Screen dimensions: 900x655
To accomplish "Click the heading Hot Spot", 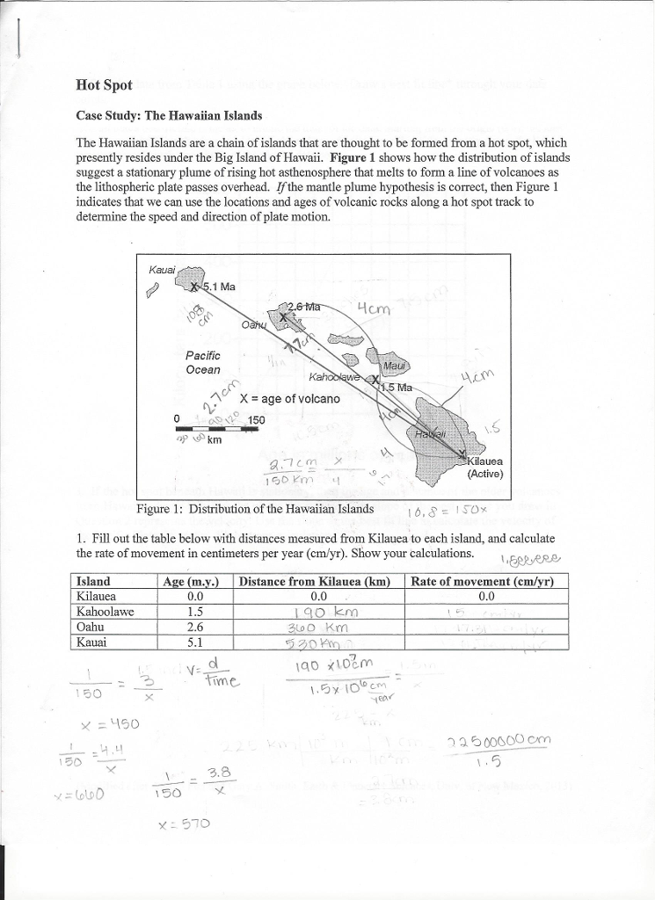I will [x=104, y=85].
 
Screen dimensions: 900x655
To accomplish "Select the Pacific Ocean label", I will [x=203, y=362].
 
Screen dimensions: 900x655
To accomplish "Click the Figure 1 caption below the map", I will [x=255, y=509].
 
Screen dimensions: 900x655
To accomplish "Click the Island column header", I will [x=94, y=581].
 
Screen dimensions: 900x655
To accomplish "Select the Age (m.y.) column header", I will [x=191, y=581].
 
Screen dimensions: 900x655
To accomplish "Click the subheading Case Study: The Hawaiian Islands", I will [x=169, y=116].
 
